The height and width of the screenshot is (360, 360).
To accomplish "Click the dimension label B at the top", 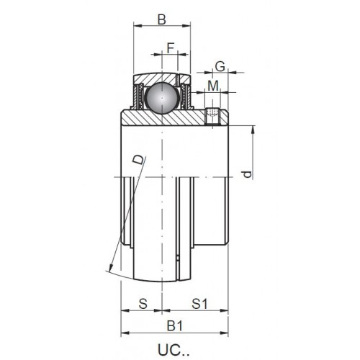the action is click(x=162, y=19).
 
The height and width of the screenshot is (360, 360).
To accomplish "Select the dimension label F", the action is click(x=170, y=48).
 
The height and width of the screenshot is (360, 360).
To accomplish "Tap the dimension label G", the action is click(x=220, y=66).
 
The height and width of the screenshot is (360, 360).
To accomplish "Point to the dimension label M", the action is click(x=213, y=86).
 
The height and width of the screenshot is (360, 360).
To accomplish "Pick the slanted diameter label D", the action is click(x=139, y=159).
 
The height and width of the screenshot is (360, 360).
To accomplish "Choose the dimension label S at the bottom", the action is click(x=143, y=303).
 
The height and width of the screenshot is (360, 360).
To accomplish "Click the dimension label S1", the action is click(x=199, y=304).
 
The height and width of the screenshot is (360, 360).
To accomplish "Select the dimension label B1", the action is click(x=175, y=326).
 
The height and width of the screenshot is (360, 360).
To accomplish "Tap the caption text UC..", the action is click(x=174, y=350).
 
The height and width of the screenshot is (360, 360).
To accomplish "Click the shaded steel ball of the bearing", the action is click(x=162, y=98).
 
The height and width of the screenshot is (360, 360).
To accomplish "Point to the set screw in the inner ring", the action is click(x=212, y=117).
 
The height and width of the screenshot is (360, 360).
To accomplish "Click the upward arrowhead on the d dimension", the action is click(x=253, y=130).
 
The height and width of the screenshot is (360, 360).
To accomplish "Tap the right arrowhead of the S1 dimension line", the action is click(x=224, y=310).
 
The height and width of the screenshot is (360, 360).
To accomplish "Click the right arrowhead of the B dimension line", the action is click(x=186, y=26).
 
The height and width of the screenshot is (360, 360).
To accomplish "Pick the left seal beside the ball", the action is click(x=139, y=96).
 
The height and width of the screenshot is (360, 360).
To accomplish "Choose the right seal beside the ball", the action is click(x=185, y=96).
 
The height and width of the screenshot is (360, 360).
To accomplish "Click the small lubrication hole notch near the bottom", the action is click(x=178, y=258).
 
